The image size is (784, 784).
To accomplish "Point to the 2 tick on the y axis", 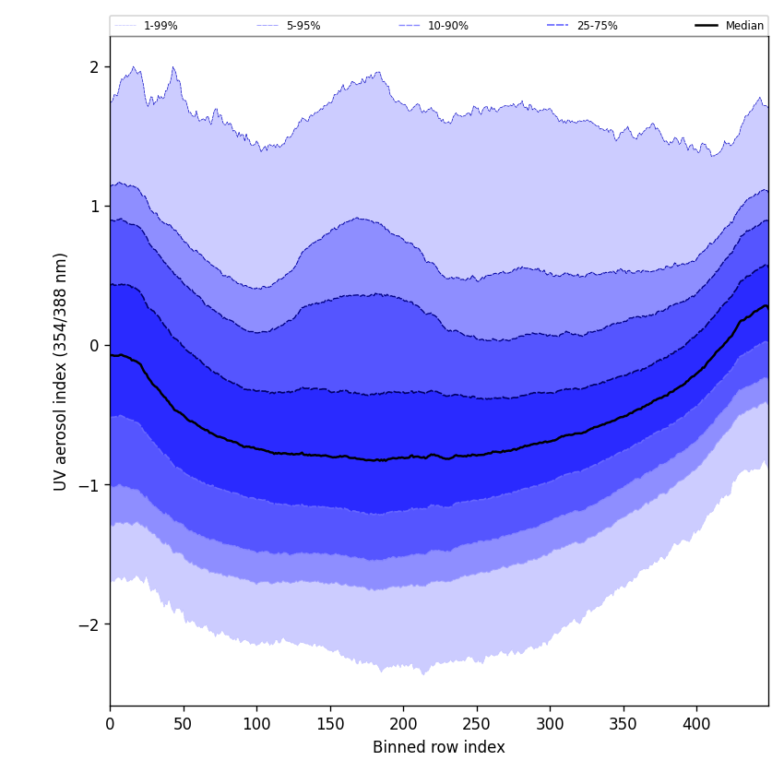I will click(x=94, y=67).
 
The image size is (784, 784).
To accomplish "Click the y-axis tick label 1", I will click(x=94, y=207).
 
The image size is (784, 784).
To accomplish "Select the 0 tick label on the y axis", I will click(x=94, y=346).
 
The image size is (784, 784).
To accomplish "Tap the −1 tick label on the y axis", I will click(x=89, y=485).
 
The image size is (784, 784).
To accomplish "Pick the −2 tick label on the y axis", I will click(x=89, y=624).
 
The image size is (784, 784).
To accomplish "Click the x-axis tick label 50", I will click(x=183, y=725).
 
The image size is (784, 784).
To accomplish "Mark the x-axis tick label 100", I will click(x=256, y=725).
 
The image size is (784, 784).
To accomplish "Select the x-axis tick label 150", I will click(x=330, y=725).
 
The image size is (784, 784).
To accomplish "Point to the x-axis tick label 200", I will click(x=403, y=725).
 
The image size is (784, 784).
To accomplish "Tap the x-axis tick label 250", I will click(x=477, y=725).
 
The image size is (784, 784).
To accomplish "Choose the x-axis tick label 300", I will click(x=550, y=725).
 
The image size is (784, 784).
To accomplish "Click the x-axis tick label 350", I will click(x=624, y=725).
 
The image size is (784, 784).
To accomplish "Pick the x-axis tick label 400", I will click(x=696, y=725).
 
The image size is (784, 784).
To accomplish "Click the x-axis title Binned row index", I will click(x=439, y=748).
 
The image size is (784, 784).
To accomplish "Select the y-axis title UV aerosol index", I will click(x=61, y=371).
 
